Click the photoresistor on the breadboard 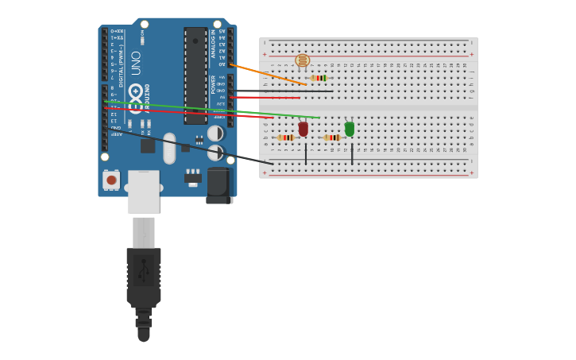point(302,60)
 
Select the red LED point(303,129)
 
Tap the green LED point(349,129)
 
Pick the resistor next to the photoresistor point(319,78)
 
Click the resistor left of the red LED point(285,137)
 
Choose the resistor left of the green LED point(332,137)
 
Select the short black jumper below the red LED point(306,153)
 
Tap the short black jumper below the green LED point(352,153)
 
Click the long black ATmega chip point(195,75)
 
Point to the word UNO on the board point(136,63)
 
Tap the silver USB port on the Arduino point(143,192)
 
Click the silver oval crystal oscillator point(169,148)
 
